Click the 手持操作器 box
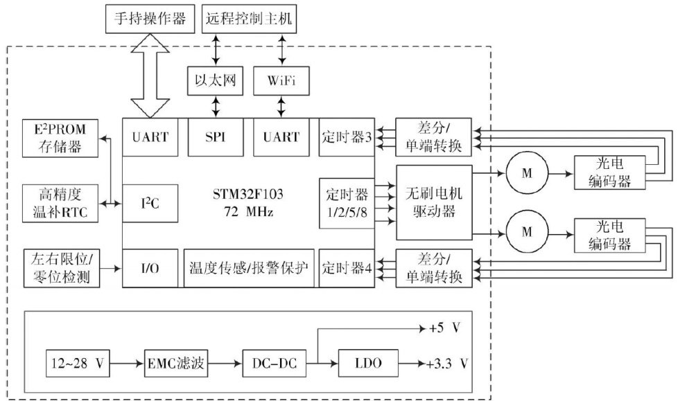tap(150, 19)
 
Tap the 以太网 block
tap(216, 80)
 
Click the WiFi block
tap(281, 80)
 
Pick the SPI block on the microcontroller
tap(216, 137)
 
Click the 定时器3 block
tap(346, 137)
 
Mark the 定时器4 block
tap(346, 268)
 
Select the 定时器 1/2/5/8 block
tap(346, 202)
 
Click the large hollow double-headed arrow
tap(150, 74)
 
